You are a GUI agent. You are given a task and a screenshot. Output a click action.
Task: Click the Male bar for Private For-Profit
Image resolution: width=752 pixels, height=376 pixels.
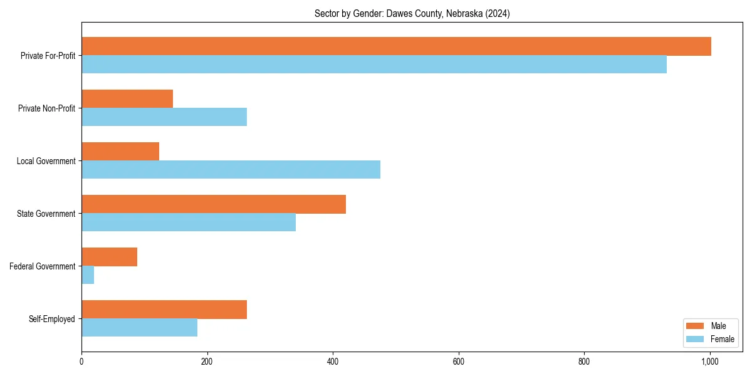[396, 46]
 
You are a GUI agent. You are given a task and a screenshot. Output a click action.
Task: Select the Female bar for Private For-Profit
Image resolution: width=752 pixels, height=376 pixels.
[374, 65]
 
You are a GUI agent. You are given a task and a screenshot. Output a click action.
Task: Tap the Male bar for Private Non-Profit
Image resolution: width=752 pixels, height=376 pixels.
[127, 99]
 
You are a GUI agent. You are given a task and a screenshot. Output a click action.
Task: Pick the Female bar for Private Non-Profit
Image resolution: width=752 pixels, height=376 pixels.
[164, 117]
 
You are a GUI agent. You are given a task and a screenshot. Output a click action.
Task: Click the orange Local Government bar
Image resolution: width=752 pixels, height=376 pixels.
[120, 152]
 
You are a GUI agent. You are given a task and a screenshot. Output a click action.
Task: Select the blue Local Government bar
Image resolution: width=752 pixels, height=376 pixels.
[231, 170]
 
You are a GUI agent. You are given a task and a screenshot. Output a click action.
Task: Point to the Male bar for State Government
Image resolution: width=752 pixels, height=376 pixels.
[214, 204]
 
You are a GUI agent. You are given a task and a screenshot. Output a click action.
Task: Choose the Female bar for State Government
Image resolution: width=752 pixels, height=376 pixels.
[189, 222]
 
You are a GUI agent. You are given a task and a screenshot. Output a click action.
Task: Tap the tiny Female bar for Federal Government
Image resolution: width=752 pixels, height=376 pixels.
[88, 275]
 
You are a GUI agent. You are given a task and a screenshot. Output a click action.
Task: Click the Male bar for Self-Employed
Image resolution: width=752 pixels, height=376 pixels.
[164, 310]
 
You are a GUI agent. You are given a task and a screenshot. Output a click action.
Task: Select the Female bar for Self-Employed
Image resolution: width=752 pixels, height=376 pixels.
[139, 328]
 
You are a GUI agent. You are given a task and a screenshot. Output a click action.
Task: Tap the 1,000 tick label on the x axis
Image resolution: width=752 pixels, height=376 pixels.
[709, 361]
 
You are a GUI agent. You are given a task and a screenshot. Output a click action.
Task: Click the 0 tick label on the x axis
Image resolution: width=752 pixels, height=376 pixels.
[81, 361]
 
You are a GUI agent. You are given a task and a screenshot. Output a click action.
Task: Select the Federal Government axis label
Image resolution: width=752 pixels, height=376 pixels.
[43, 266]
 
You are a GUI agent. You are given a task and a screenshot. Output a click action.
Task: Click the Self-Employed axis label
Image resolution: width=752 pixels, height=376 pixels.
[52, 319]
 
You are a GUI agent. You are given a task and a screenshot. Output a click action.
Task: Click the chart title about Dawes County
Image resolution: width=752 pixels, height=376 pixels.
[412, 14]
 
